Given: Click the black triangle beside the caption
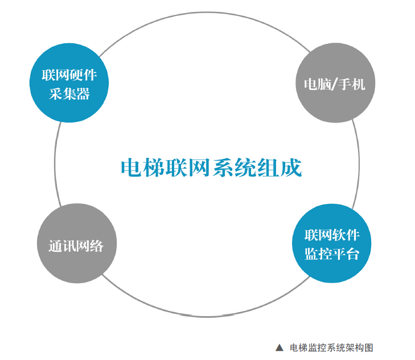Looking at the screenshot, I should (x=279, y=347).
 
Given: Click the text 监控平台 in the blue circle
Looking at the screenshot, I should (x=331, y=253).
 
